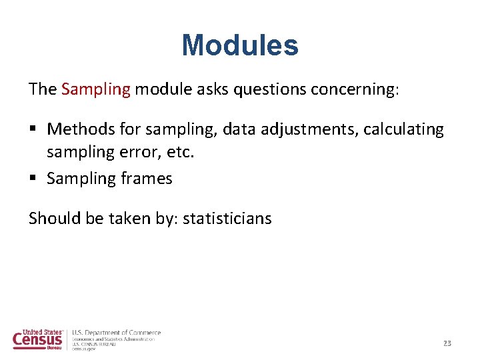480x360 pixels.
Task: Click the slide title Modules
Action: (240, 45)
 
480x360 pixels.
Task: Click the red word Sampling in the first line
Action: (95, 89)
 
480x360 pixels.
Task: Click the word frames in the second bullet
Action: (147, 178)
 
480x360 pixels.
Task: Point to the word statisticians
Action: (227, 218)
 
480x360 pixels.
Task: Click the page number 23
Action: (447, 343)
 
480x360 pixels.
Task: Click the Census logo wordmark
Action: (38, 339)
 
